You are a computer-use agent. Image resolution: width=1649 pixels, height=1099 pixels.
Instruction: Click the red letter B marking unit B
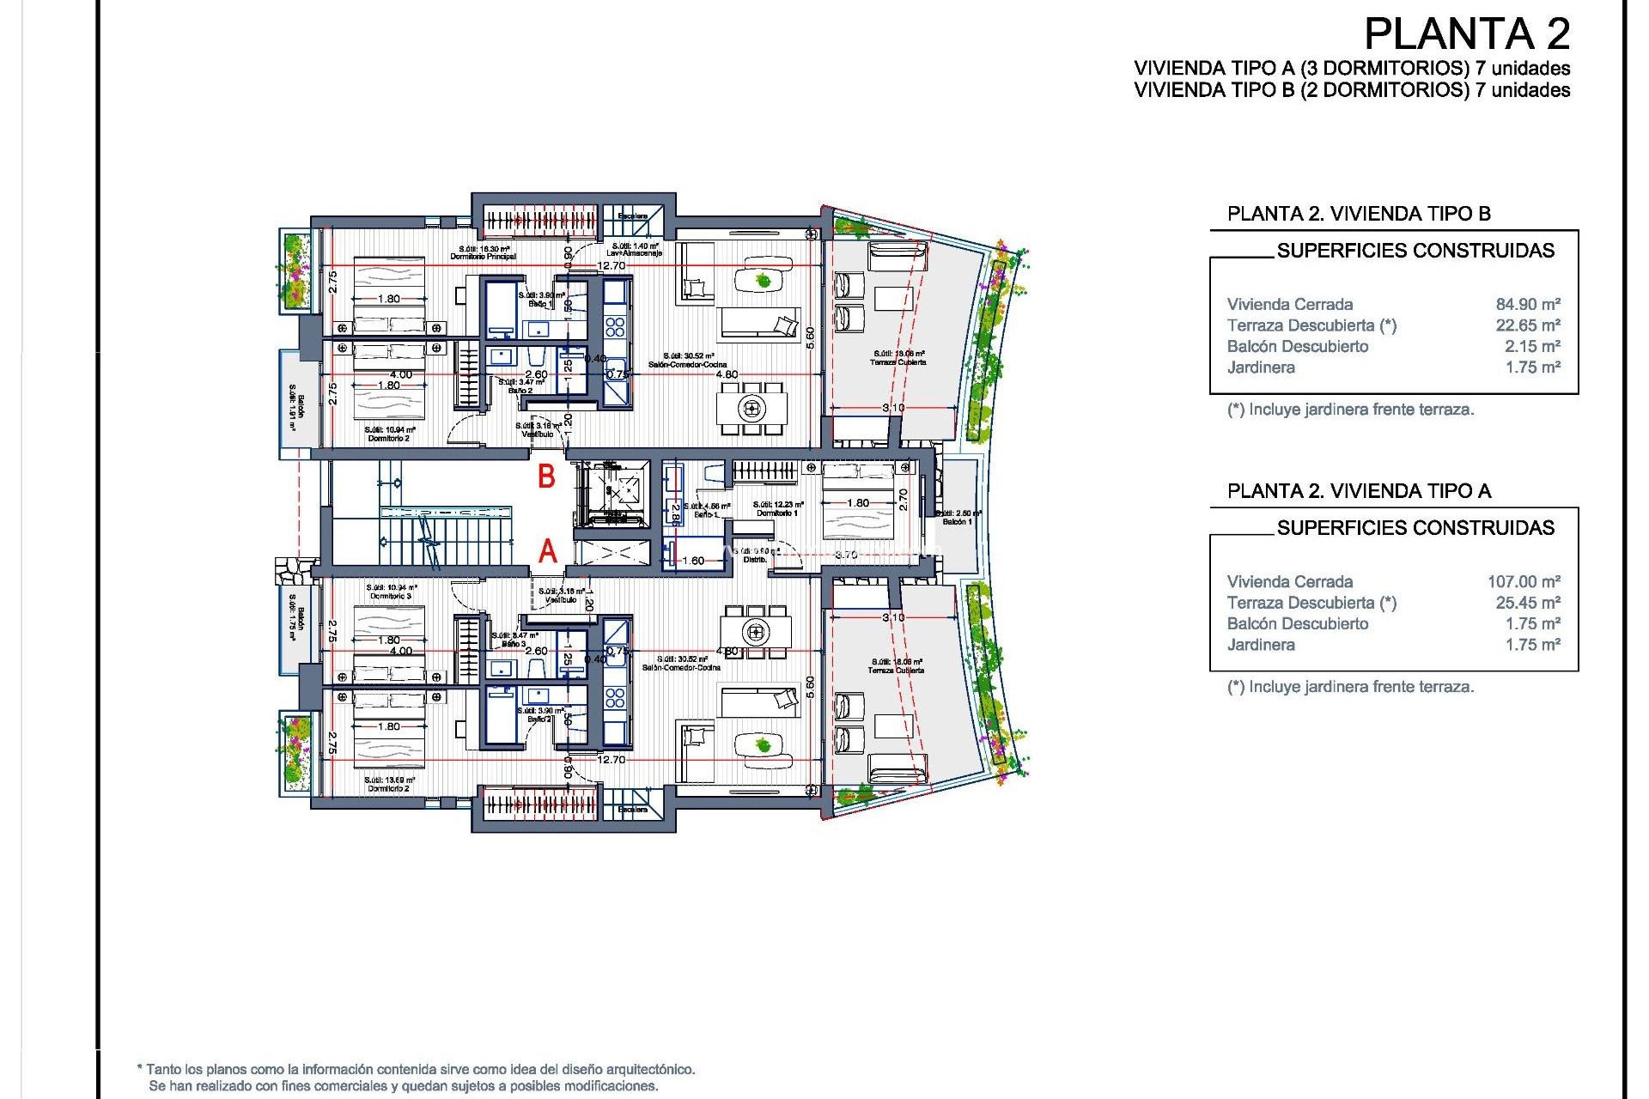tap(546, 477)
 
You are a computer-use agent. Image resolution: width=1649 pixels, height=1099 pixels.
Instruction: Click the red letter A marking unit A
tap(548, 551)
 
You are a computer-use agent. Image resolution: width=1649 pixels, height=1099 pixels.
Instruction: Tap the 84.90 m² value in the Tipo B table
tap(1527, 304)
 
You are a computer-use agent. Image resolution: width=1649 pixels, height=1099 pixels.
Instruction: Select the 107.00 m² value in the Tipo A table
tap(1523, 581)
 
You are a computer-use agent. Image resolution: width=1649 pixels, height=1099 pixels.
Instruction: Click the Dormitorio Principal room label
tap(483, 257)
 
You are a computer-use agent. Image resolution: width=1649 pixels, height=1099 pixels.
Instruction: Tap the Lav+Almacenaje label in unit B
tap(634, 253)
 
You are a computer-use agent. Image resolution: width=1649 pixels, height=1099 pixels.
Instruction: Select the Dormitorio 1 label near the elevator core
tap(776, 513)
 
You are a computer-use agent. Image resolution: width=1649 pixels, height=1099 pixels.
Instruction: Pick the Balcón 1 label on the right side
tap(957, 522)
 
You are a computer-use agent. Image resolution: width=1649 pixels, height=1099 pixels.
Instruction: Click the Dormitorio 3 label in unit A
tap(391, 596)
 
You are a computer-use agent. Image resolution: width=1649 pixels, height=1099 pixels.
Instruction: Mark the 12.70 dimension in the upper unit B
tap(611, 265)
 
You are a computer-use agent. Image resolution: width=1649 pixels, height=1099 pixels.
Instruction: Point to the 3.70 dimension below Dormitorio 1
tap(846, 555)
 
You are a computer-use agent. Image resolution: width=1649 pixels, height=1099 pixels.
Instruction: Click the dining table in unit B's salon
tap(752, 408)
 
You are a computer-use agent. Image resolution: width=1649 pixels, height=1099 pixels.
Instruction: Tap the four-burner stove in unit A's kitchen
tap(615, 697)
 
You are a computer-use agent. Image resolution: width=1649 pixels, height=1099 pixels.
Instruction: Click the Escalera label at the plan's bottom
tap(632, 810)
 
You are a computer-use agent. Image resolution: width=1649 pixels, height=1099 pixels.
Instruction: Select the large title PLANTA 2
tap(1467, 34)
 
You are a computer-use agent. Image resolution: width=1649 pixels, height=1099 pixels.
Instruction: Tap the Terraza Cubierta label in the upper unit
tap(898, 362)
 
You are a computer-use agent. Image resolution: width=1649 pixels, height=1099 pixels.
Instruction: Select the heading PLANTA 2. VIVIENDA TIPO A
tap(1359, 491)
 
